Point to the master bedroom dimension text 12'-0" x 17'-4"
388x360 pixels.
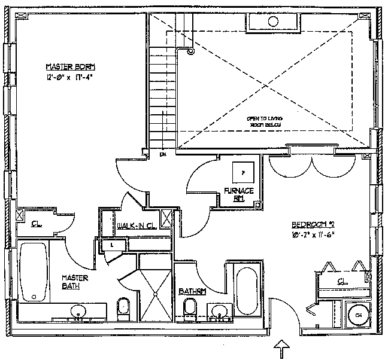coord(71,77)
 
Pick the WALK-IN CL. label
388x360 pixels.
coord(137,225)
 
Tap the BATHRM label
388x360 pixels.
coord(192,291)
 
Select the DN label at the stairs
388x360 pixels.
coord(162,154)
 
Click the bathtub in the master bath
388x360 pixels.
coord(34,273)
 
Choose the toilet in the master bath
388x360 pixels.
coord(122,306)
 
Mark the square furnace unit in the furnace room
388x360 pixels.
coord(242,172)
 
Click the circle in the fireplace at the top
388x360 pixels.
coord(273,22)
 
